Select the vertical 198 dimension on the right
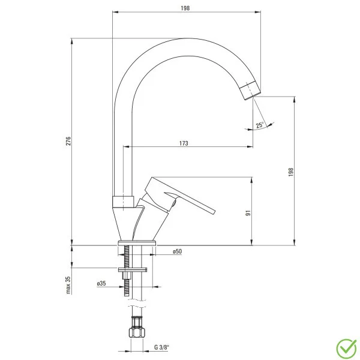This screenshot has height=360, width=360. coord(291,171)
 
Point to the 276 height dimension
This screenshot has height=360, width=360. coord(69,142)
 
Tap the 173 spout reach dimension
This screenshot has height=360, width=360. coord(184,143)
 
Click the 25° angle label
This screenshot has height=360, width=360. coord(259,125)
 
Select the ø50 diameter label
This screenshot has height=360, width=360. coord(177,251)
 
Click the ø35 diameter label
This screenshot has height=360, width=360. coord(101,283)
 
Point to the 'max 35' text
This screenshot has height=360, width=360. coord(68,285)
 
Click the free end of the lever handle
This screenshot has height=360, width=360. coord(211,209)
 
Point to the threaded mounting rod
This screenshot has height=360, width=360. coord(128,282)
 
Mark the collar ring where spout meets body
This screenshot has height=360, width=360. coord(123,202)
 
